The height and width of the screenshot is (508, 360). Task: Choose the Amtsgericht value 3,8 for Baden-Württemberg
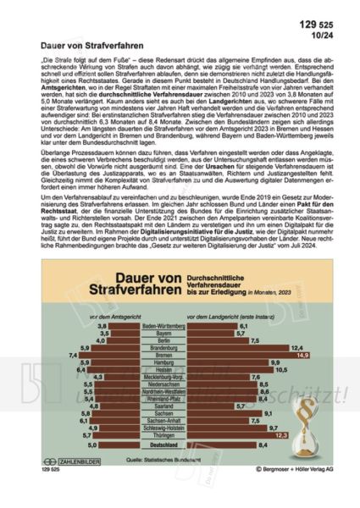(x=102, y=325)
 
